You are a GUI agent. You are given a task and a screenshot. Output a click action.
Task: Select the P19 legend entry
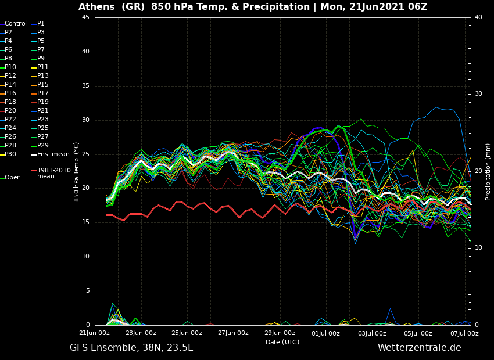coord(43,102)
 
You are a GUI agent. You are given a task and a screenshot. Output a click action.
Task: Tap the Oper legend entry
coord(12,178)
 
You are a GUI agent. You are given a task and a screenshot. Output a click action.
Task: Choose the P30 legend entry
coord(10,154)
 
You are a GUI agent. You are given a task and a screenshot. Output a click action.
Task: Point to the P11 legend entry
coord(43,67)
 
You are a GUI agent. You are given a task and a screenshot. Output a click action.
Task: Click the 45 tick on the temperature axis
coord(85,17)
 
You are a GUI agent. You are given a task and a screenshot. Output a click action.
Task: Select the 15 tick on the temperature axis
coord(85,222)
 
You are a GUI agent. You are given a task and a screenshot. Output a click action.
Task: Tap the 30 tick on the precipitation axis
coord(478,94)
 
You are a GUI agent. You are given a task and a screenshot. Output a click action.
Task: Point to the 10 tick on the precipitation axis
coord(478,248)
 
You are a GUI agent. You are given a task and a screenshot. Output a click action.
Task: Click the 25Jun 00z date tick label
coord(187,333)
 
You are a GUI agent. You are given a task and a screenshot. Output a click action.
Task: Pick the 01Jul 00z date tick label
coord(325,333)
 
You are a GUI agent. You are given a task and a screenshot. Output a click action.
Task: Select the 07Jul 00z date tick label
coord(464,333)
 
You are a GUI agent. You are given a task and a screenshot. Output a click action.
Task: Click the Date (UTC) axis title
coord(282,342)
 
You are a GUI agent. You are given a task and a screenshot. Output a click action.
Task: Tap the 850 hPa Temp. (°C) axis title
coord(77,171)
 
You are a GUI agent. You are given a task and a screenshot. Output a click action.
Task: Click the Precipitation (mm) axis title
coord(488,171)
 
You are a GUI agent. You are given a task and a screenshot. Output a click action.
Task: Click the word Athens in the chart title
coord(96,7)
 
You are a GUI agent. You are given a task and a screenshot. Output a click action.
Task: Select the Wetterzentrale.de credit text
coord(419,348)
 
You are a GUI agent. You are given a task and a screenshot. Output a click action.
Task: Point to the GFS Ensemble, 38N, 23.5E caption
coord(131,348)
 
